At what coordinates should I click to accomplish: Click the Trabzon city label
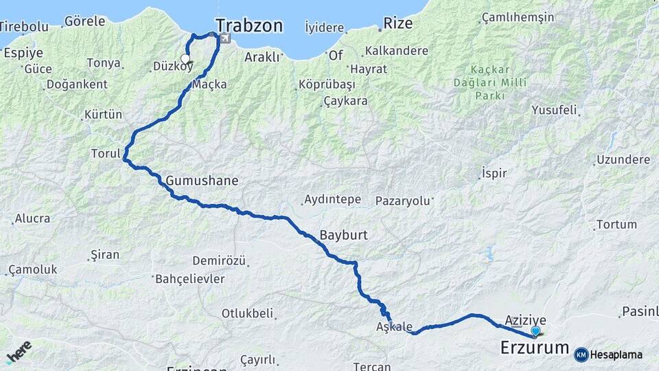tap(248, 26)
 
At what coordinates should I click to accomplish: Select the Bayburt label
tap(343, 235)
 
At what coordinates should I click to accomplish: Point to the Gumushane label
tap(202, 181)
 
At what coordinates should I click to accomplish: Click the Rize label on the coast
tap(397, 23)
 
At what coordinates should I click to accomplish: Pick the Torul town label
tap(105, 153)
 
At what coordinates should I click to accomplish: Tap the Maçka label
tap(209, 85)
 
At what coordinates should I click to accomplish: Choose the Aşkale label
tap(395, 326)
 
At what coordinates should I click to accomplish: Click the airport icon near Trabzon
tap(224, 39)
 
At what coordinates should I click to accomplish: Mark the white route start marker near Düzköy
tap(185, 59)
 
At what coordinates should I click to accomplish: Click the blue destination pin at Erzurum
tap(535, 331)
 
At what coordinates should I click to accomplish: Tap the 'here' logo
tap(19, 352)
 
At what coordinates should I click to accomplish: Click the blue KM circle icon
tap(581, 355)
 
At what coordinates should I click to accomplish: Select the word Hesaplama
tap(616, 355)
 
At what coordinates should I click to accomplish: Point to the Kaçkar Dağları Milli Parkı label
tap(489, 82)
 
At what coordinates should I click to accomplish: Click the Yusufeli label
tap(554, 110)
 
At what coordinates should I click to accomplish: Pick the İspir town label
tap(494, 172)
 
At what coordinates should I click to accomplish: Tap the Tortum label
tap(616, 225)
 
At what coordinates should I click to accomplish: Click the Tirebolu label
tap(23, 27)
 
